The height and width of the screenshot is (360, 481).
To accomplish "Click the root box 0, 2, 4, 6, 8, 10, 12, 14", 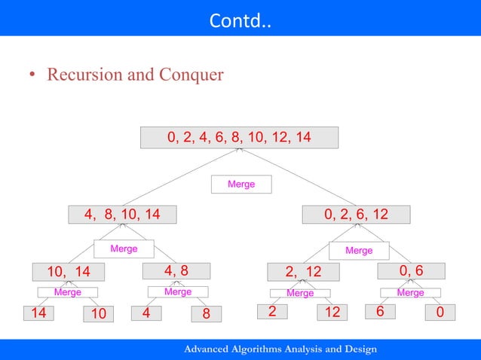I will pos(239,138).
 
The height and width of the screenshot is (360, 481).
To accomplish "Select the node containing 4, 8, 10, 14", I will pos(121,215).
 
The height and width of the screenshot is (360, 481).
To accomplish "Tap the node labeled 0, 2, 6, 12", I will pos(356,215).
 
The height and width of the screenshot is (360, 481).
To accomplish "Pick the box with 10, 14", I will pos(68,272).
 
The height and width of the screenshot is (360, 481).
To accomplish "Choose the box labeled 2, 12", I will pos(303,272).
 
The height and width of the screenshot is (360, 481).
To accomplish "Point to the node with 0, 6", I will pos(411,271).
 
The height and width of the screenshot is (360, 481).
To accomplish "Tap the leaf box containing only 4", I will pos(147,313).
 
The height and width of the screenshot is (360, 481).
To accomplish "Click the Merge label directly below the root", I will pos(241,184).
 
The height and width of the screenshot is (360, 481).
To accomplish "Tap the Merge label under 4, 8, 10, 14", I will pos(124,249).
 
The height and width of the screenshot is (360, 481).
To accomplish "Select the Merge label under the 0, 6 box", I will pos(410,292).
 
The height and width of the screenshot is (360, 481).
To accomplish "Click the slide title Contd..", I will pos(240,18).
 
